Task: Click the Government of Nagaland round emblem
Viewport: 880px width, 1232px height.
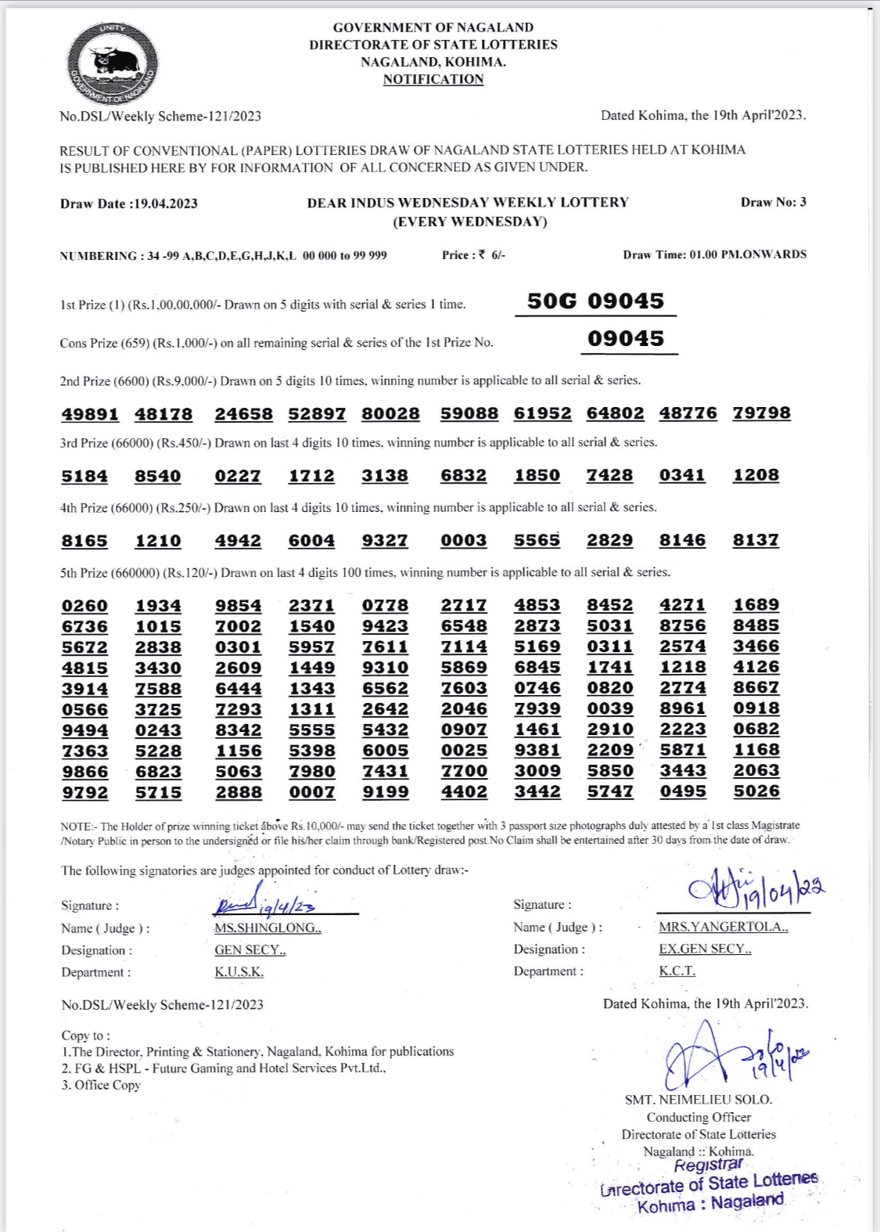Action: pyautogui.click(x=113, y=63)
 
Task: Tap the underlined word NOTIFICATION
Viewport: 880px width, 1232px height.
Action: pyautogui.click(x=433, y=79)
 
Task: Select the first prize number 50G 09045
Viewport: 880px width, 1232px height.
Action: pyautogui.click(x=595, y=301)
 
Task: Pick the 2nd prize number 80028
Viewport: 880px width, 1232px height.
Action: pyautogui.click(x=390, y=414)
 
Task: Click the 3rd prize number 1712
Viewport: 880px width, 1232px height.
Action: pyautogui.click(x=311, y=476)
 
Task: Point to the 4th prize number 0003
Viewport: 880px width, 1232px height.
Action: pyautogui.click(x=463, y=541)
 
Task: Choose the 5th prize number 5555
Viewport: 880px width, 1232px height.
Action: pyautogui.click(x=311, y=730)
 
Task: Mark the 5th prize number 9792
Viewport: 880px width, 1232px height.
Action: pyautogui.click(x=85, y=792)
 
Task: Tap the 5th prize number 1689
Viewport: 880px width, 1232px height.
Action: pyautogui.click(x=756, y=605)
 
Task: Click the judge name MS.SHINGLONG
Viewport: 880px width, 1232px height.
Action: pyautogui.click(x=268, y=928)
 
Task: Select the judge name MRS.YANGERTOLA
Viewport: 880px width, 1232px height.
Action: pyautogui.click(x=723, y=927)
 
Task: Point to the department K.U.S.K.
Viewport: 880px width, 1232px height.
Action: pyautogui.click(x=239, y=972)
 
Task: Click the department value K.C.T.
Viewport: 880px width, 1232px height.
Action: pyautogui.click(x=677, y=971)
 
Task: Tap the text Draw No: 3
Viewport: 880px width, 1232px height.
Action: pyautogui.click(x=773, y=202)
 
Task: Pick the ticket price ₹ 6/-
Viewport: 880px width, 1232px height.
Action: pyautogui.click(x=492, y=255)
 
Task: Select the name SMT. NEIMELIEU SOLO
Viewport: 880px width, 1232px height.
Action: pyautogui.click(x=698, y=1100)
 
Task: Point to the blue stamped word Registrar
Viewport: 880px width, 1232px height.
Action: pyautogui.click(x=708, y=1165)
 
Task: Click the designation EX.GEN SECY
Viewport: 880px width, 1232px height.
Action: pyautogui.click(x=705, y=949)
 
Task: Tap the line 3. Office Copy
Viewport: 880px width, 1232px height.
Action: pyautogui.click(x=101, y=1085)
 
